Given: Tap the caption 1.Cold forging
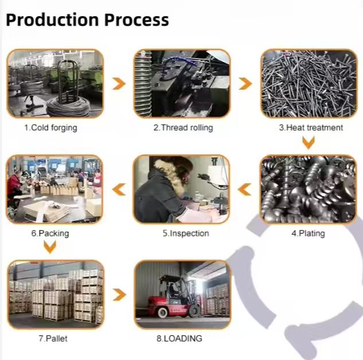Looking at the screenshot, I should [50, 127].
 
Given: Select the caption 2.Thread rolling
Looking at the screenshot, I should [183, 127].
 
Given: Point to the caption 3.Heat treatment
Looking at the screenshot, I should [311, 127].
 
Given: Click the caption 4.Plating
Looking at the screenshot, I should [308, 233].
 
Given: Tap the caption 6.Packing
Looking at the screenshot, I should [50, 233].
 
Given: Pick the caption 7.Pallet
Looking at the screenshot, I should [53, 338].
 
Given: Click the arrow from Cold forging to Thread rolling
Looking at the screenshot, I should [119, 84].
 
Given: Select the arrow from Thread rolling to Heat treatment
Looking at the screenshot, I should [245, 84].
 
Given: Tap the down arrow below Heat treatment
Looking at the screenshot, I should [309, 142].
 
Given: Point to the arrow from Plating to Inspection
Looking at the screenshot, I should [245, 189].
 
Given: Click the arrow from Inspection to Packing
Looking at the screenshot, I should [119, 189].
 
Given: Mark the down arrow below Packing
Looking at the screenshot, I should [50, 247].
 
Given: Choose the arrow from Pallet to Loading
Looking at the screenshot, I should [119, 295].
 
